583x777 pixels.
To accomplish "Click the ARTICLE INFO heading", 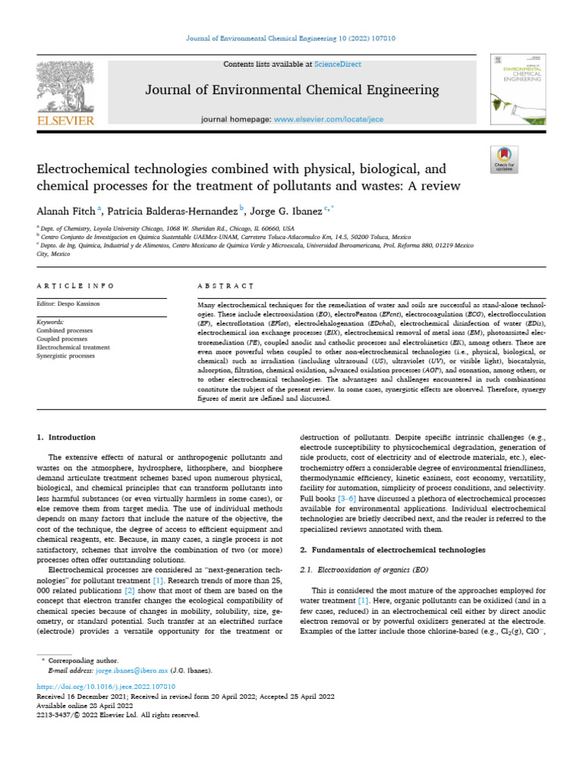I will point(75,285).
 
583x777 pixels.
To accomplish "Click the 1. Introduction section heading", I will point(66,437).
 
